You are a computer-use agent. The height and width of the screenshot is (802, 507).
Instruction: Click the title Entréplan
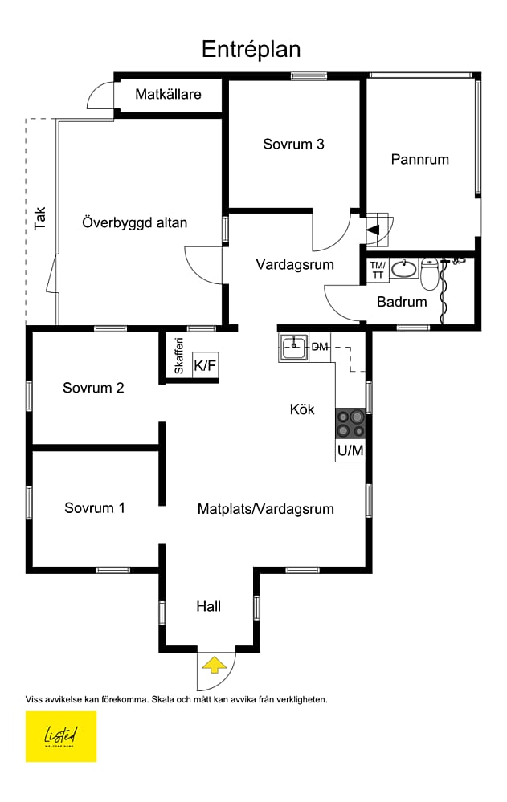tap(251, 50)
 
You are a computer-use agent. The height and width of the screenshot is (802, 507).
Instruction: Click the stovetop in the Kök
tap(350, 424)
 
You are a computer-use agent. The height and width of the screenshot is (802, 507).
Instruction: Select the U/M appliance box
tap(350, 450)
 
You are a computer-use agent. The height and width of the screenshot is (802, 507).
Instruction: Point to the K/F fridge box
tap(205, 365)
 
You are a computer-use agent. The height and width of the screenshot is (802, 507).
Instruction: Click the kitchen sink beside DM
tap(293, 348)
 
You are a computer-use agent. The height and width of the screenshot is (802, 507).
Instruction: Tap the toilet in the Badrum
tap(429, 274)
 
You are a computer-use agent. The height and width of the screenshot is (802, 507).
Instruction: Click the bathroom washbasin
tap(405, 268)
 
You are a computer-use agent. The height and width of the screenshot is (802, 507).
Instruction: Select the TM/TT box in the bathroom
tap(378, 270)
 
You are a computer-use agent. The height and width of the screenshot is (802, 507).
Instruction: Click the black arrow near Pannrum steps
tap(373, 230)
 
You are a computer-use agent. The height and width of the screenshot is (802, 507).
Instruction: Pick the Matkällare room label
tap(168, 94)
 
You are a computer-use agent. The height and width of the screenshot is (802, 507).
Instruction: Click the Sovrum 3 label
tap(293, 145)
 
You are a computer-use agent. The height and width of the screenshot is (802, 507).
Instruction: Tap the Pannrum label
tap(420, 160)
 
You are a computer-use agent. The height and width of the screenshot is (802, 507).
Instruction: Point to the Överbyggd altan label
tap(135, 223)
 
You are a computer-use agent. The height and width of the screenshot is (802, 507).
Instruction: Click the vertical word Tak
tap(40, 218)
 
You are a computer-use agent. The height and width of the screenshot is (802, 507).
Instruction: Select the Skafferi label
tap(178, 356)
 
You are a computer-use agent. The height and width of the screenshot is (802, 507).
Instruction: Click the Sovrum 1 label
tap(95, 508)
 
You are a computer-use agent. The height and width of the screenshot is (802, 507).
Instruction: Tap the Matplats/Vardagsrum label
tap(266, 509)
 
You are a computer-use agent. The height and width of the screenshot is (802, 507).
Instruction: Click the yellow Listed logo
tap(61, 736)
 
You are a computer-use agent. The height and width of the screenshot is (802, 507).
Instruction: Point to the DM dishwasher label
tap(320, 347)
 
